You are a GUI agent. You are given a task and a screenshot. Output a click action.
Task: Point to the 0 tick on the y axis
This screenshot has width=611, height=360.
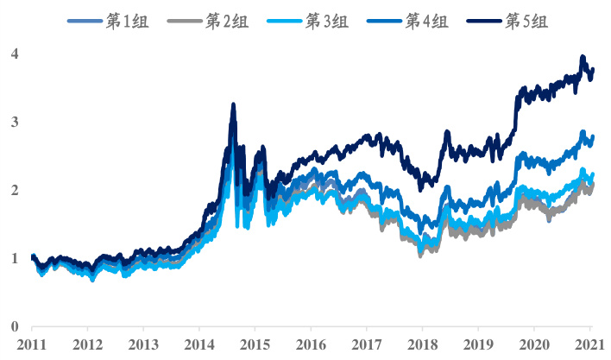14,326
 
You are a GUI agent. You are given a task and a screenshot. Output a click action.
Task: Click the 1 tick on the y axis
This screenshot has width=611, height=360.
14,258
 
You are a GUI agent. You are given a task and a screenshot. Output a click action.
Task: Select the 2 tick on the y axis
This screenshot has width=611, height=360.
14,190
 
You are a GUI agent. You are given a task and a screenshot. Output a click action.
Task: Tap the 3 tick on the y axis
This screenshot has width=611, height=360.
14,122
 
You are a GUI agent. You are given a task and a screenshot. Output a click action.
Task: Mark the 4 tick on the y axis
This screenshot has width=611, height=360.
14,54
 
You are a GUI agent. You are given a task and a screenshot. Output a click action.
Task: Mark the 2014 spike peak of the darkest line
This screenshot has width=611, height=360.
233,104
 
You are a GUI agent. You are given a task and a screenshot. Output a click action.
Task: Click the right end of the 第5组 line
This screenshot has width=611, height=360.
593,69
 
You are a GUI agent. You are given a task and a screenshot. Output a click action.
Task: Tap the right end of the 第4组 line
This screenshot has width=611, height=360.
593,136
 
